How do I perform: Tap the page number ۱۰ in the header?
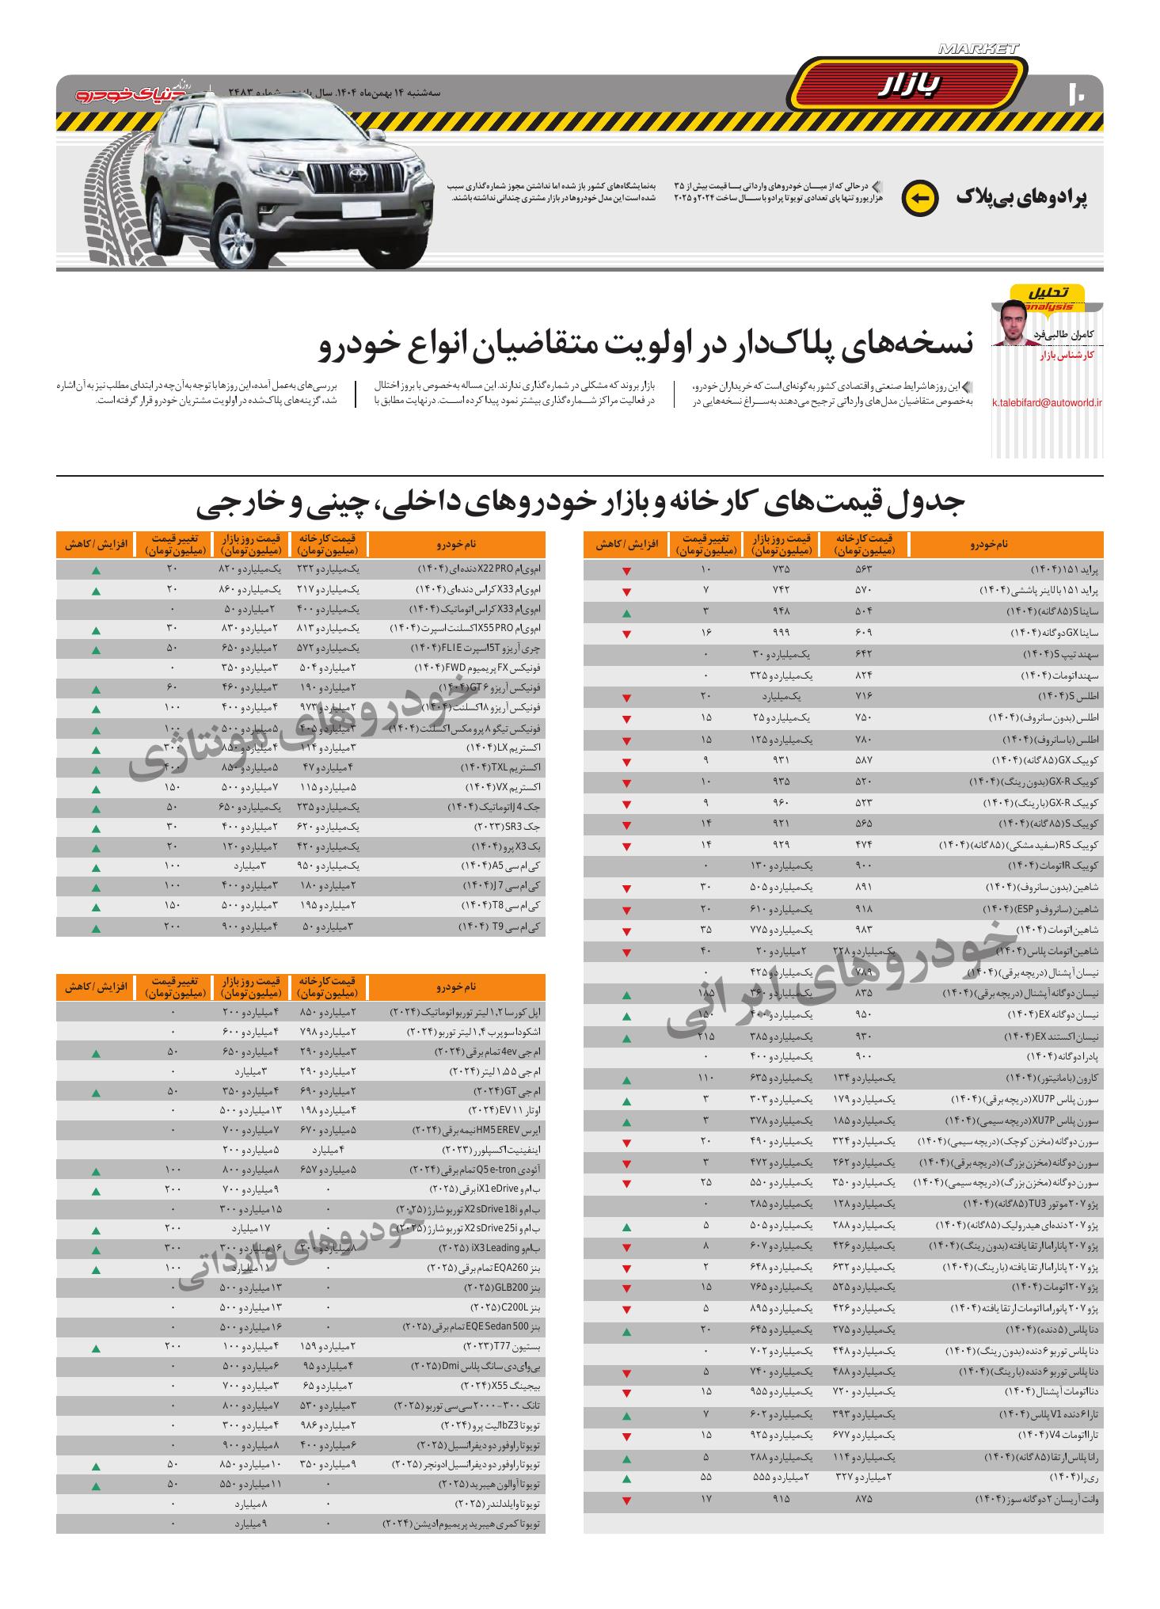[x=1078, y=93]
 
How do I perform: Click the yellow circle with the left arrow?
[x=920, y=197]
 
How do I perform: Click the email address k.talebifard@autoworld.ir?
[x=1047, y=402]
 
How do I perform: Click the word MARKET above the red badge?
[x=977, y=49]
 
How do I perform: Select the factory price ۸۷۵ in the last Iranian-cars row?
[x=863, y=1499]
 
